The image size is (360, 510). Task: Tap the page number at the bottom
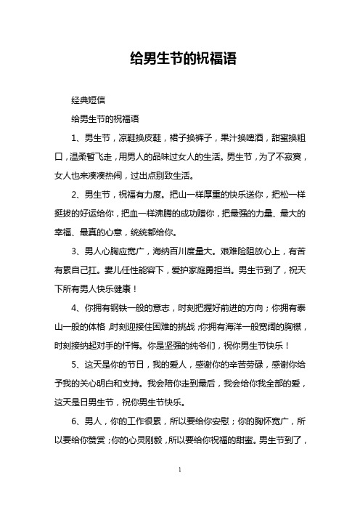179,492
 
